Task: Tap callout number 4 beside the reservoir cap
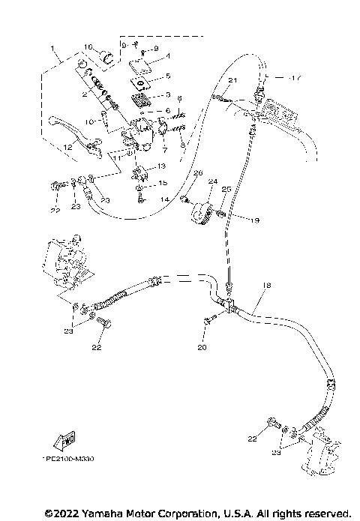tap(168, 55)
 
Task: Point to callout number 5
tap(168, 76)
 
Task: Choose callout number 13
tap(161, 166)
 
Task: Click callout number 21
tap(232, 80)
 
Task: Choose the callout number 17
tap(297, 76)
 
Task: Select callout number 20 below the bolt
tap(200, 348)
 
